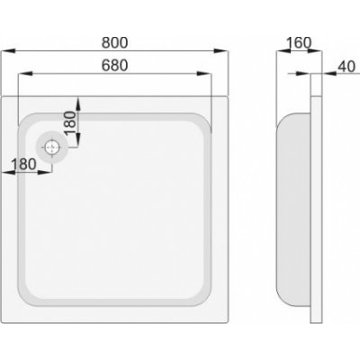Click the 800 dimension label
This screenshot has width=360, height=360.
[114, 42]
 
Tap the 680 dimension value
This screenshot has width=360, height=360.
[114, 66]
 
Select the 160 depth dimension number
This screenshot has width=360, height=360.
[299, 43]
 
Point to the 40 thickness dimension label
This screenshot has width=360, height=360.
[346, 67]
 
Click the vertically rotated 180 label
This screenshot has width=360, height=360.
[71, 123]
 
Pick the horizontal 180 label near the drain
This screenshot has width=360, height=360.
[23, 164]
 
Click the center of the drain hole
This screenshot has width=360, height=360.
[52, 148]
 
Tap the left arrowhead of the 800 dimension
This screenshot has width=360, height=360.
[8, 51]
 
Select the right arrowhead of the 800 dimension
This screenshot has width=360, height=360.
[220, 51]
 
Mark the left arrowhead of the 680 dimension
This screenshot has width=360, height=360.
[25, 74]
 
